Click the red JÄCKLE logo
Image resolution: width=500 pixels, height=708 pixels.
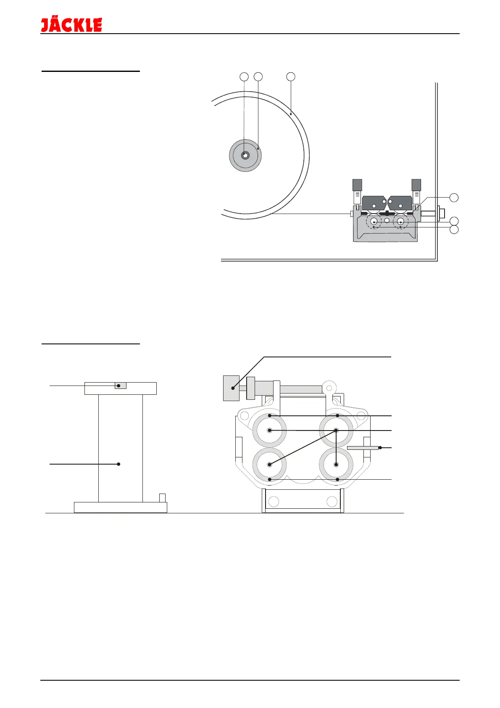71,25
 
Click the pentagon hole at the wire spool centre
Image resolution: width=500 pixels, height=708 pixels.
245,155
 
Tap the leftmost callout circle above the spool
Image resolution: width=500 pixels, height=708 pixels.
244,77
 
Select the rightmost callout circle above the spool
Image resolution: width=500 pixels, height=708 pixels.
291,77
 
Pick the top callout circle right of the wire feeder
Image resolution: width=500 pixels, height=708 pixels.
454,198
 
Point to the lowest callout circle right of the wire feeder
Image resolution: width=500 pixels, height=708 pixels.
454,230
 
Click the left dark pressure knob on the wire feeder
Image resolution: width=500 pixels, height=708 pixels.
357,185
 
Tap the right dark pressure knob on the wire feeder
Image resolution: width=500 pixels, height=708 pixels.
416,185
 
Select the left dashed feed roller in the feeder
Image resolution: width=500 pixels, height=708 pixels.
374,222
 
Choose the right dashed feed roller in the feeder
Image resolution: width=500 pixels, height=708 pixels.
401,222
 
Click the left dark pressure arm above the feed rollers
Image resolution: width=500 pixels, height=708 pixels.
374,203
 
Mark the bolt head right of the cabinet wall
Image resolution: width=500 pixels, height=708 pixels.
442,213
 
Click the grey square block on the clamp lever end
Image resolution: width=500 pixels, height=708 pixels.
231,388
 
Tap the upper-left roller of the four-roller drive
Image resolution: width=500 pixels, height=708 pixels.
269,431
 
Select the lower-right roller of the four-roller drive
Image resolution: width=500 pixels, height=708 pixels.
336,465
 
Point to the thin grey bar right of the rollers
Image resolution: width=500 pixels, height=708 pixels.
362,448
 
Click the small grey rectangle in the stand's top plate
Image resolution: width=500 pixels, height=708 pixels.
121,386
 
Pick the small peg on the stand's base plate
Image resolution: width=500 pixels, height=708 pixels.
162,498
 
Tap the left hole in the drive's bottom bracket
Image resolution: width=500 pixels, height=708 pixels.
274,502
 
